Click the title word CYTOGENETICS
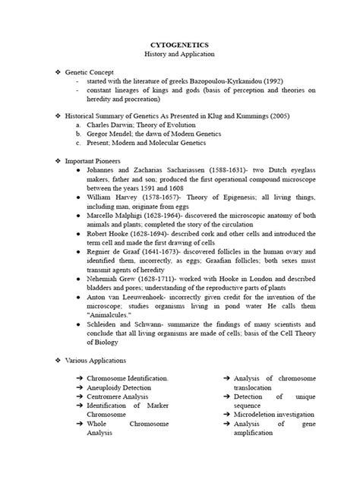(x=180, y=46)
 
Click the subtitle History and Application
(x=180, y=56)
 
